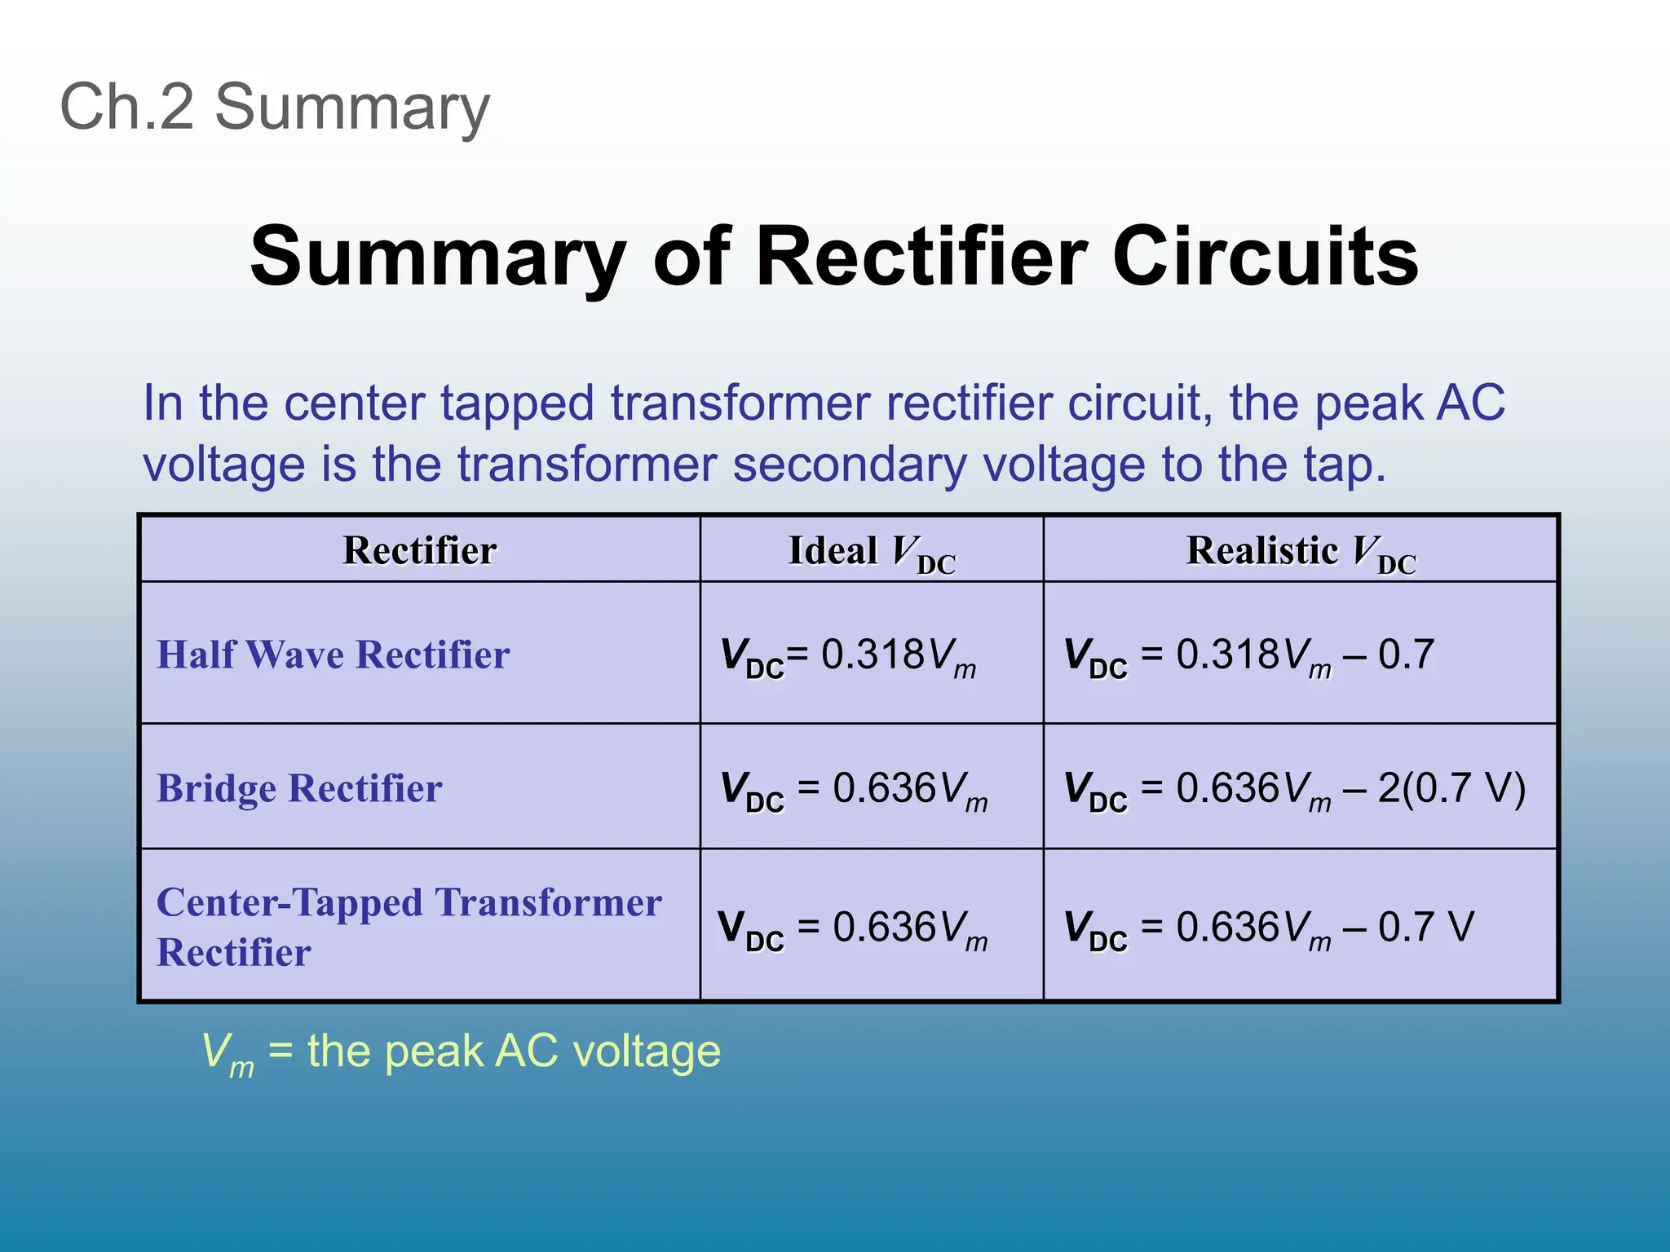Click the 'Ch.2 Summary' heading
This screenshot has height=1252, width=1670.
point(275,107)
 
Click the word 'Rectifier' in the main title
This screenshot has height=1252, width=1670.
point(922,257)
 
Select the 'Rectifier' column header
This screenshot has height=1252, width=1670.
point(419,550)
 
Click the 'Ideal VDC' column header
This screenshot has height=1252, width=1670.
point(871,552)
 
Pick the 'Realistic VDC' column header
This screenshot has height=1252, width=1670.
point(1301,552)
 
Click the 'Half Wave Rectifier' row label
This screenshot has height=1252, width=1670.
point(333,655)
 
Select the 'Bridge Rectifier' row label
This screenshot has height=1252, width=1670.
point(299,788)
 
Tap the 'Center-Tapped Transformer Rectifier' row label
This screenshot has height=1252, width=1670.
point(408,927)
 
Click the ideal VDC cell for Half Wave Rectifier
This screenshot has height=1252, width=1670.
point(848,656)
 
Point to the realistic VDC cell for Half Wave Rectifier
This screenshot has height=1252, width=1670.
point(1248,656)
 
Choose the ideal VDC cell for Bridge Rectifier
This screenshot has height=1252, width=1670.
point(853,790)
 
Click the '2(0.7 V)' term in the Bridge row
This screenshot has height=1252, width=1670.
point(1451,788)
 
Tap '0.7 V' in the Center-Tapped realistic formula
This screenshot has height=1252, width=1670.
point(1426,927)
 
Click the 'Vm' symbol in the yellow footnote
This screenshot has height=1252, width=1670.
point(228,1053)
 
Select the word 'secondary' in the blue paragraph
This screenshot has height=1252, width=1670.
point(849,465)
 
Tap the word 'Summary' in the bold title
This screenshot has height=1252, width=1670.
point(438,257)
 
